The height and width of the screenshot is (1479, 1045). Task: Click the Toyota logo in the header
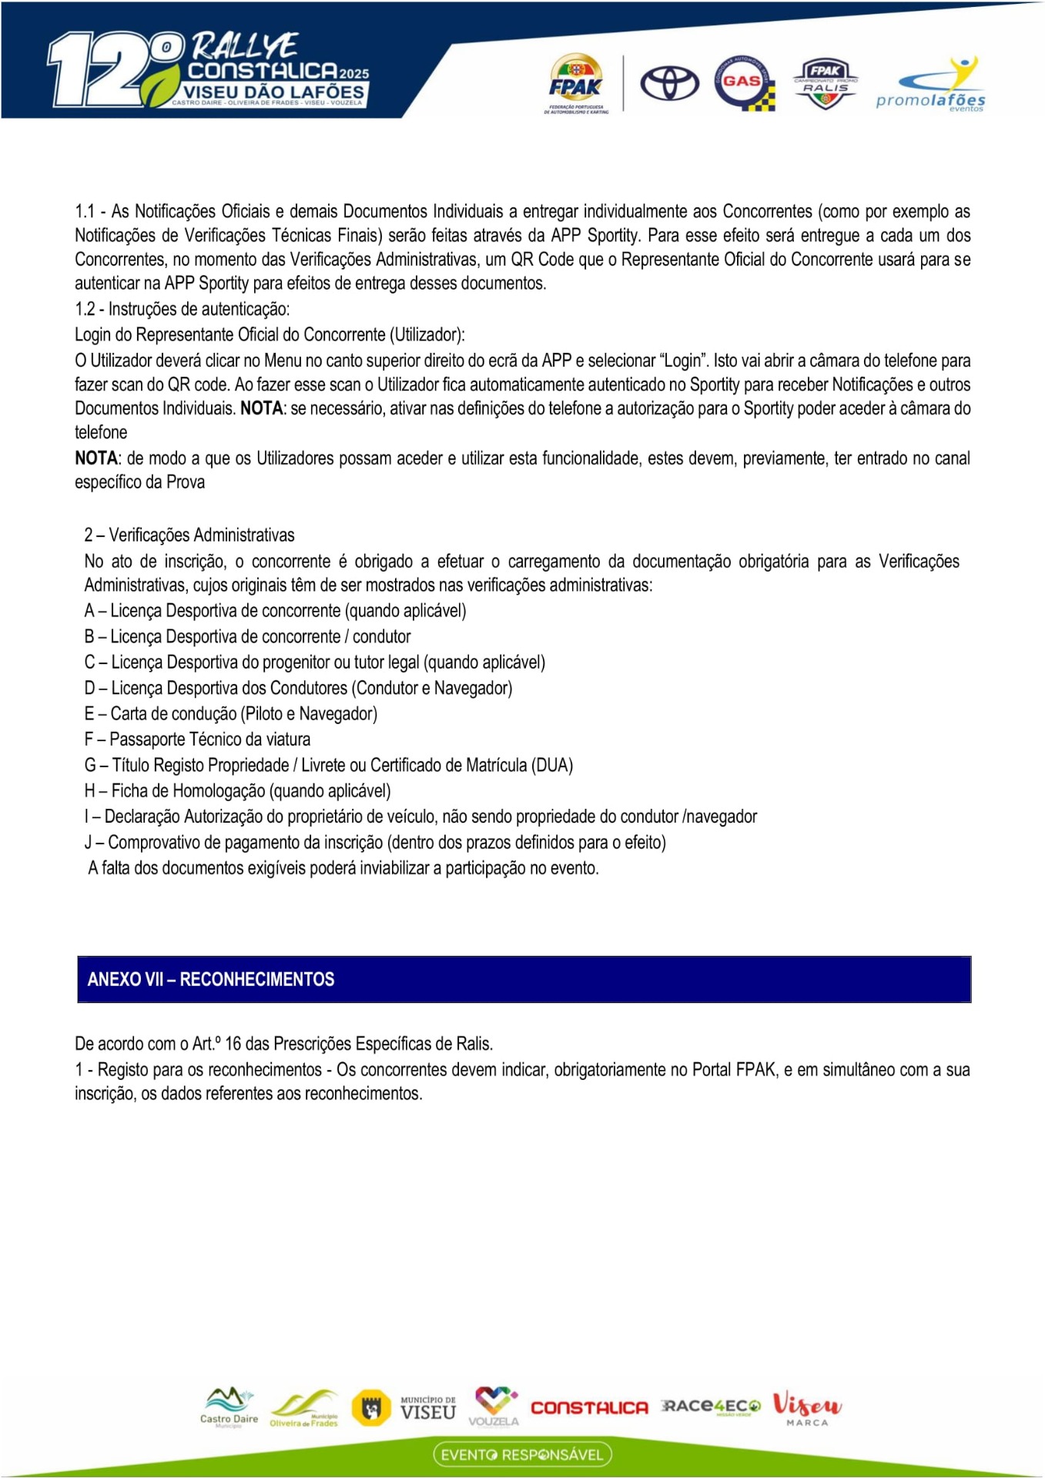pos(669,83)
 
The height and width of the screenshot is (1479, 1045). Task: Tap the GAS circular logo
pos(742,82)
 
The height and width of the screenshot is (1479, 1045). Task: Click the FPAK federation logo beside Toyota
pos(576,83)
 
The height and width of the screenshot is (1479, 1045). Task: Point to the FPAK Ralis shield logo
pos(826,83)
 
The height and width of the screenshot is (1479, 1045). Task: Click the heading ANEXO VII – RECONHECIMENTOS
pos(211,979)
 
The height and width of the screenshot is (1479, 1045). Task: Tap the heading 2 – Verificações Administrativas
pos(189,535)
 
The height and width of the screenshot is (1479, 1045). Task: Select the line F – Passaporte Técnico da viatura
pos(197,739)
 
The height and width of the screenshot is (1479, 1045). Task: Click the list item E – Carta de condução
pos(231,714)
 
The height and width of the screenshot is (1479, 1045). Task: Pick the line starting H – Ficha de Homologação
pos(237,791)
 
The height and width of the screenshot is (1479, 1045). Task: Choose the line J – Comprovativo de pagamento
pos(375,843)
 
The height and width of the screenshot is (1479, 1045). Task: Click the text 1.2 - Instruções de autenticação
pos(183,310)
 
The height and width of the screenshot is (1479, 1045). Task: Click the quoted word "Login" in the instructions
pos(683,361)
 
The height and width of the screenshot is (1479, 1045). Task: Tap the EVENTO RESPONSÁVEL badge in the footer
pos(522,1454)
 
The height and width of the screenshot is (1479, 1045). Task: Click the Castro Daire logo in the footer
pos(229,1407)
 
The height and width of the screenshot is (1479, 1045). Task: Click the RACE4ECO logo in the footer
pos(710,1407)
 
